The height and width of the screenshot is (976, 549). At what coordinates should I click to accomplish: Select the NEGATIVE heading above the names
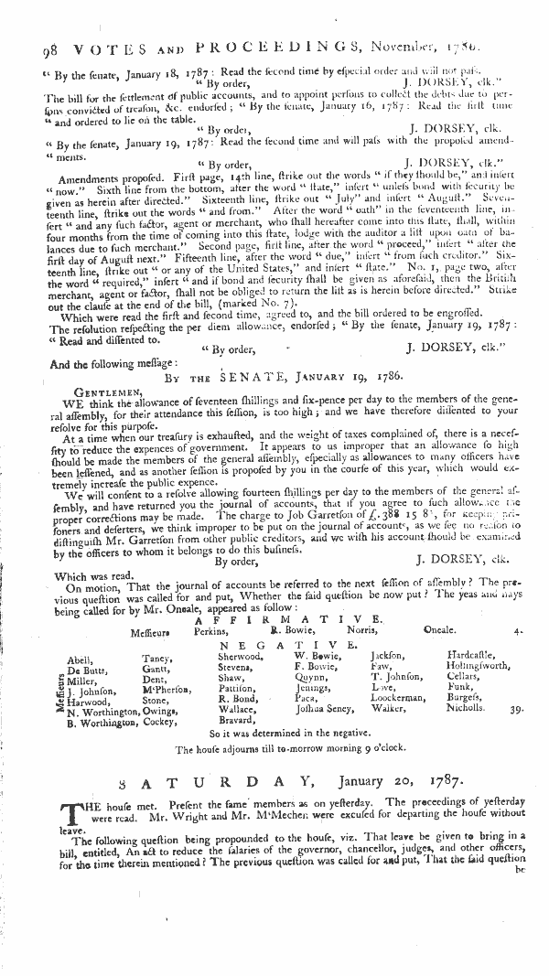click(283, 645)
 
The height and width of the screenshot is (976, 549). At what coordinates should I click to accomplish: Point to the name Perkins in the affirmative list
click(211, 631)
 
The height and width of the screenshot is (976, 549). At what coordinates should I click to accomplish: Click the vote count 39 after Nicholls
click(517, 708)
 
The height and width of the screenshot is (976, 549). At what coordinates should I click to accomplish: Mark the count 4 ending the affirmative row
click(519, 631)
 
